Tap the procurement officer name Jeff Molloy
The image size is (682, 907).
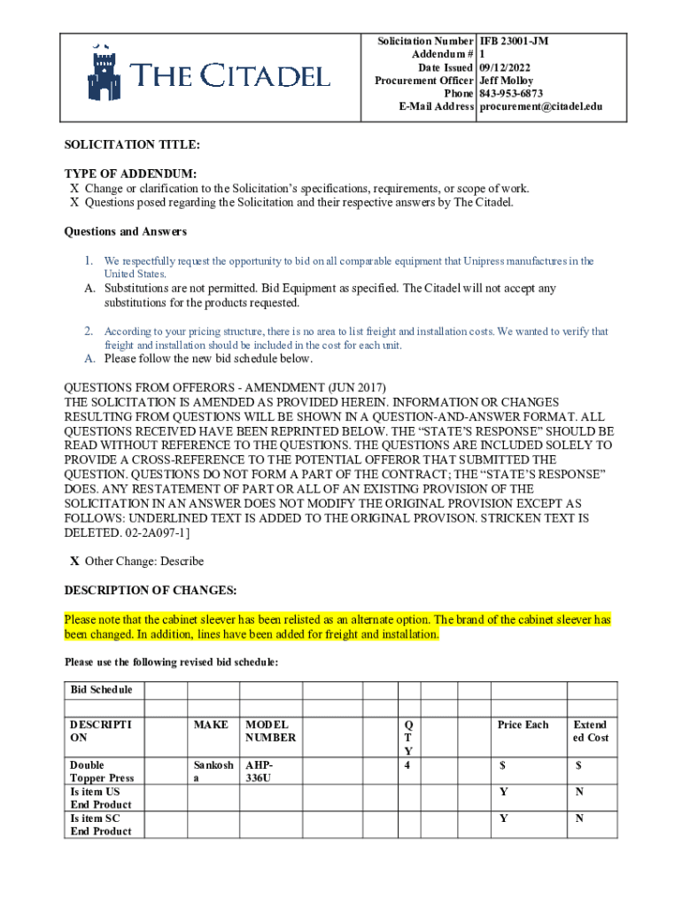tap(506, 81)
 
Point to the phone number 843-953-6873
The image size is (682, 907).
tap(511, 94)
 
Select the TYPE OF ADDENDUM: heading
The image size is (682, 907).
tap(130, 174)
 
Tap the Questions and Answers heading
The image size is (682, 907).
tap(125, 232)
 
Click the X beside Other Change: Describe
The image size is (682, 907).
tap(74, 562)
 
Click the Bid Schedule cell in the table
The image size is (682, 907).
tap(101, 690)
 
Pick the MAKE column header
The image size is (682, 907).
tap(211, 725)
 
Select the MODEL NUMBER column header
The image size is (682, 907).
tap(270, 731)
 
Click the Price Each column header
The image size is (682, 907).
tap(523, 725)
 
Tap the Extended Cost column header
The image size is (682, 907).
tap(591, 731)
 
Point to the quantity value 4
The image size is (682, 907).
tap(407, 764)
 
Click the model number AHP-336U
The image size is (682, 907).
tap(260, 771)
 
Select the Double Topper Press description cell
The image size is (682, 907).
tap(101, 771)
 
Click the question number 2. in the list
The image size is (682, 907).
tap(89, 331)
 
